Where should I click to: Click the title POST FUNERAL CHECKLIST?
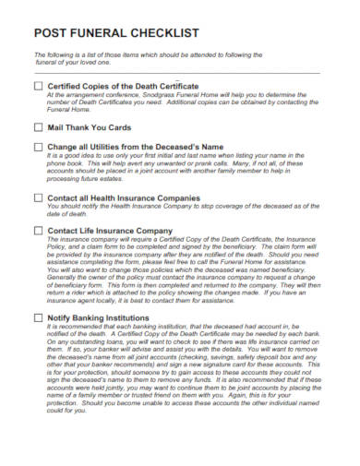point(116,33)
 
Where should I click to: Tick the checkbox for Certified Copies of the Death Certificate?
point(38,86)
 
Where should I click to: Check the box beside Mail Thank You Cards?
point(38,127)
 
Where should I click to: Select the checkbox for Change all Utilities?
point(38,146)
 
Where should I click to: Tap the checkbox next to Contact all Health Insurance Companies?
point(38,198)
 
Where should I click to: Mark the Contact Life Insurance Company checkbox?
point(38,230)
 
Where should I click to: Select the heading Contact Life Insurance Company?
point(110,230)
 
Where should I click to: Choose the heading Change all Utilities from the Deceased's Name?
point(136,146)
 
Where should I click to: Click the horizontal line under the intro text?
point(175,72)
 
